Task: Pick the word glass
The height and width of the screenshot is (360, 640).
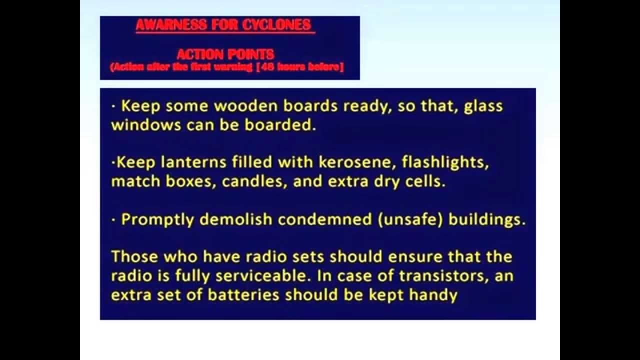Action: pos(483,106)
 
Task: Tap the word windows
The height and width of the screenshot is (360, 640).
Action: pos(146,124)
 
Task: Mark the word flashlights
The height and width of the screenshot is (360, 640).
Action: pos(445,162)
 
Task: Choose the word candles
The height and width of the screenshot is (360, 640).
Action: pos(255,181)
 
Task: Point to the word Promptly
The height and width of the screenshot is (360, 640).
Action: pos(158,219)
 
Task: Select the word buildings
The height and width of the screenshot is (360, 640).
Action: pos(487,219)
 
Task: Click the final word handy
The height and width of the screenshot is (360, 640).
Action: pos(433,294)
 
